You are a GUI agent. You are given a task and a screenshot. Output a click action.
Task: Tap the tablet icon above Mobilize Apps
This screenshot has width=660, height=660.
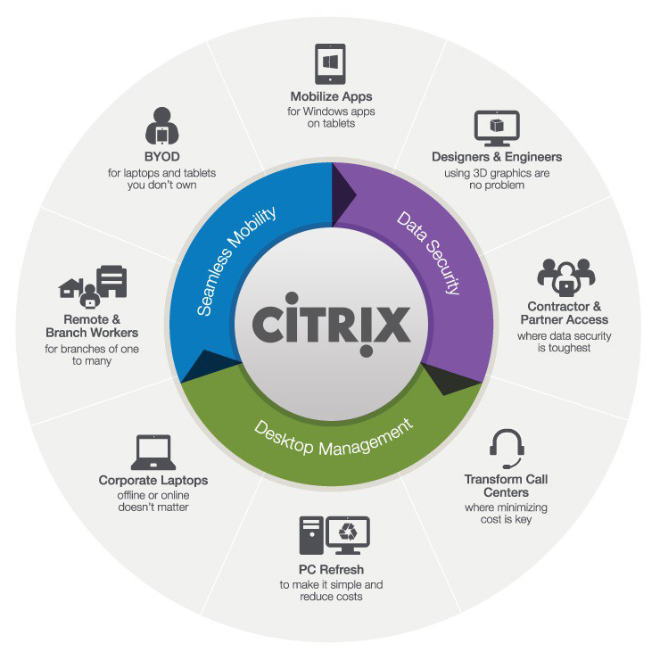330,64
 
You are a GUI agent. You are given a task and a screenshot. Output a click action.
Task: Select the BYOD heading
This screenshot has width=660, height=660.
162,157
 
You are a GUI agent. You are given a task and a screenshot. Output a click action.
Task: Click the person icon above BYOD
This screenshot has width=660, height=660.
162,126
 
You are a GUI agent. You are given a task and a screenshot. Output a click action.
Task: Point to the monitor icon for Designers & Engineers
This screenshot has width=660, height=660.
497,128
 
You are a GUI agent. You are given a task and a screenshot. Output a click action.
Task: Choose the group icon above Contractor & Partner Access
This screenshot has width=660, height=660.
565,277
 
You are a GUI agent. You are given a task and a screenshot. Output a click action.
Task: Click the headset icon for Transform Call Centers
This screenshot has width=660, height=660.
507,449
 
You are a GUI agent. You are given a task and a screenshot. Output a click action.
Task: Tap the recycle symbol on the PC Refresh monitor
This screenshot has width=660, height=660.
348,532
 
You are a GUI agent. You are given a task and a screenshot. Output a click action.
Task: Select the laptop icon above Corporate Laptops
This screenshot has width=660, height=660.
153,452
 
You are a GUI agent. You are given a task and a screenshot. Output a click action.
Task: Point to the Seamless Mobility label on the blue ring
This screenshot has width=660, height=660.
235,261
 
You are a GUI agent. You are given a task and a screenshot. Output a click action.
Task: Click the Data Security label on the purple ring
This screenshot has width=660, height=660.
428,252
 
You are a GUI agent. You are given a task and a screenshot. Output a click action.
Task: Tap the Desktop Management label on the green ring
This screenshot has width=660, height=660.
334,438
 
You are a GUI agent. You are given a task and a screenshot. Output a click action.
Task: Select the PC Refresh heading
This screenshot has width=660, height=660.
331,570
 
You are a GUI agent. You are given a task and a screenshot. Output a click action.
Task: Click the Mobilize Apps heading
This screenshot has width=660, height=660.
331,96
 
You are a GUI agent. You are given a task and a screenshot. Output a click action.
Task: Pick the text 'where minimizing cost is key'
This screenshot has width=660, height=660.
506,513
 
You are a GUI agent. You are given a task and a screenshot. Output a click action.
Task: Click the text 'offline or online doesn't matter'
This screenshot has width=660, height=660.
153,501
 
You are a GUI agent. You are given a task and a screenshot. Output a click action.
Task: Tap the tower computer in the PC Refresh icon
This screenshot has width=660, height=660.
311,535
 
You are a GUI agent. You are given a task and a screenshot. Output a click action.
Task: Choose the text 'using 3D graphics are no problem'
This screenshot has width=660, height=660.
497,179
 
